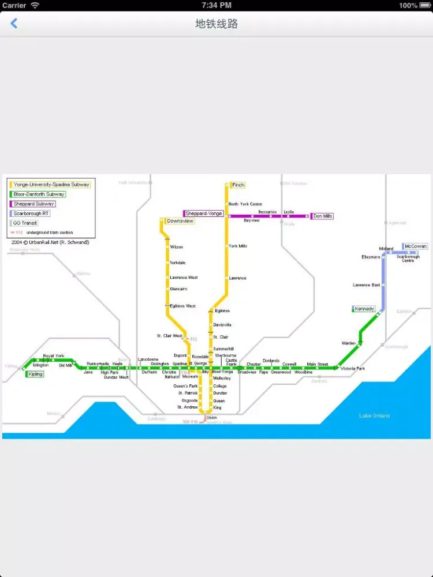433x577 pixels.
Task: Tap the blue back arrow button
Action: pyautogui.click(x=14, y=24)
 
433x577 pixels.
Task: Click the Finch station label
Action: pyautogui.click(x=238, y=185)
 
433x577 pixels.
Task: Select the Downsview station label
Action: pyautogui.click(x=180, y=221)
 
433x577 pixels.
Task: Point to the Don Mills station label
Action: pyautogui.click(x=323, y=216)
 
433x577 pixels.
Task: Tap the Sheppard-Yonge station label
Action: pyautogui.click(x=204, y=213)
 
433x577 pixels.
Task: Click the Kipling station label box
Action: pyautogui.click(x=35, y=374)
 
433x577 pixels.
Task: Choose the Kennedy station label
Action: pyautogui.click(x=364, y=309)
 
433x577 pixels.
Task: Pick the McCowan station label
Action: pyautogui.click(x=415, y=246)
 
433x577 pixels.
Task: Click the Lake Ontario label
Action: pyautogui.click(x=374, y=415)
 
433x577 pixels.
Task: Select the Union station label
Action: pyautogui.click(x=211, y=418)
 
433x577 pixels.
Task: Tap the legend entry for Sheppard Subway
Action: pyautogui.click(x=34, y=204)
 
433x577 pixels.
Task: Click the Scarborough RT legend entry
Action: pyautogui.click(x=32, y=213)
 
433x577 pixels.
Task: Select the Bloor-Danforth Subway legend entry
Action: pyautogui.click(x=39, y=194)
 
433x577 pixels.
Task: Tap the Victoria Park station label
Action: pyautogui.click(x=352, y=368)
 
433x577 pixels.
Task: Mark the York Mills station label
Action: pyautogui.click(x=238, y=246)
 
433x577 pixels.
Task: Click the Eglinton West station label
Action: pyautogui.click(x=182, y=306)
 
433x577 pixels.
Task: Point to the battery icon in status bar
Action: pyautogui.click(x=424, y=5)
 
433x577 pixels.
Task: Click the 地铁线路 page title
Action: pyautogui.click(x=216, y=24)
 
